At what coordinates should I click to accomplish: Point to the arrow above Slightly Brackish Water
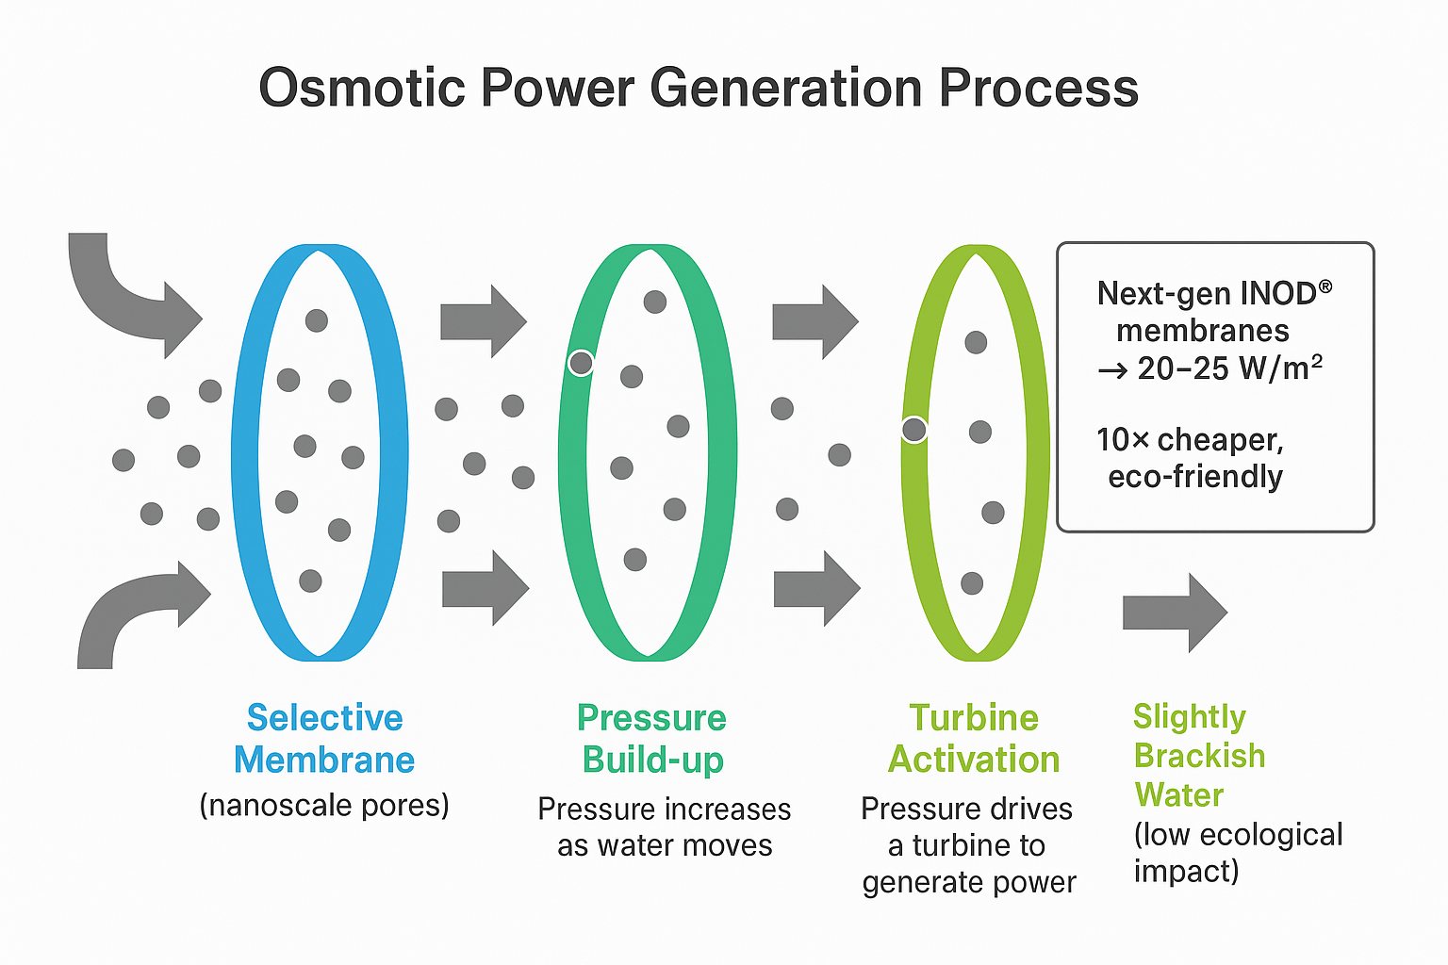(1174, 613)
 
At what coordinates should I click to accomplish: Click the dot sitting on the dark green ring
(582, 362)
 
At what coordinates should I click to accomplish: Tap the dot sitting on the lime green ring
(913, 430)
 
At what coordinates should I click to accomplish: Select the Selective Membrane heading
(324, 739)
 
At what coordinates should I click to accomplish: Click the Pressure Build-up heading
(652, 739)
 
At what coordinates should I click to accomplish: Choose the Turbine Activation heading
(974, 739)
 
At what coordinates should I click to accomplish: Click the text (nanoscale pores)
(324, 806)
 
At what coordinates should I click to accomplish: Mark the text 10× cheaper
(1190, 440)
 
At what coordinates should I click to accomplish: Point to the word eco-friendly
(1195, 477)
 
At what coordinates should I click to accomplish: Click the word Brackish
(1199, 756)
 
